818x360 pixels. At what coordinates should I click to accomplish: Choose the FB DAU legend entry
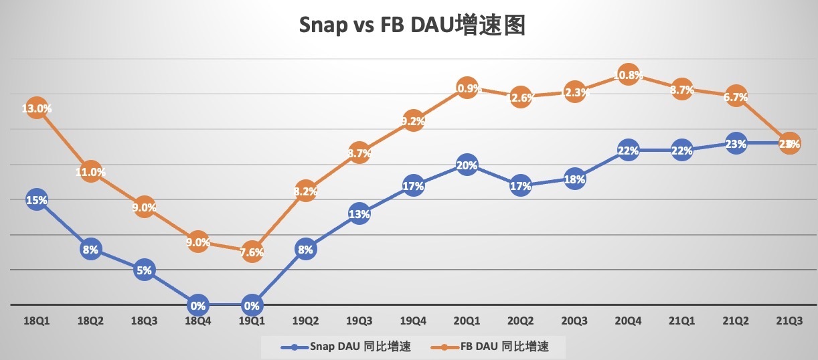click(496, 347)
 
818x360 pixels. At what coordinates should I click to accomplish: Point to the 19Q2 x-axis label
click(305, 321)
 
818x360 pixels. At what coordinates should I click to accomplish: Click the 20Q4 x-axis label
click(628, 321)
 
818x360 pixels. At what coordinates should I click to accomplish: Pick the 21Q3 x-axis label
click(789, 321)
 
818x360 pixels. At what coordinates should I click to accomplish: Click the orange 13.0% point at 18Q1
click(36, 108)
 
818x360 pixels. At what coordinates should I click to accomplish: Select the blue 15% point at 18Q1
click(36, 199)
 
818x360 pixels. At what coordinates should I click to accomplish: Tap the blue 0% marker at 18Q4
click(197, 305)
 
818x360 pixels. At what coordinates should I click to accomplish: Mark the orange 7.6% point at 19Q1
click(252, 252)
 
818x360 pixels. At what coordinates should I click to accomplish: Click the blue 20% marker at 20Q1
click(467, 165)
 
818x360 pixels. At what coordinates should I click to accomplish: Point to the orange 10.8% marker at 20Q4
click(628, 76)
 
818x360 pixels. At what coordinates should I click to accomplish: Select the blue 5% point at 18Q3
click(144, 270)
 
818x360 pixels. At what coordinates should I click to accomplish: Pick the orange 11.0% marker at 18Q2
click(90, 172)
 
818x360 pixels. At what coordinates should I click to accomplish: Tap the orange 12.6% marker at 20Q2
click(521, 98)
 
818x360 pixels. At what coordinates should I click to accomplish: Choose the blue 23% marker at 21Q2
click(736, 143)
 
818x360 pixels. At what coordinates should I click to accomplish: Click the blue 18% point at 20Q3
click(574, 179)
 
